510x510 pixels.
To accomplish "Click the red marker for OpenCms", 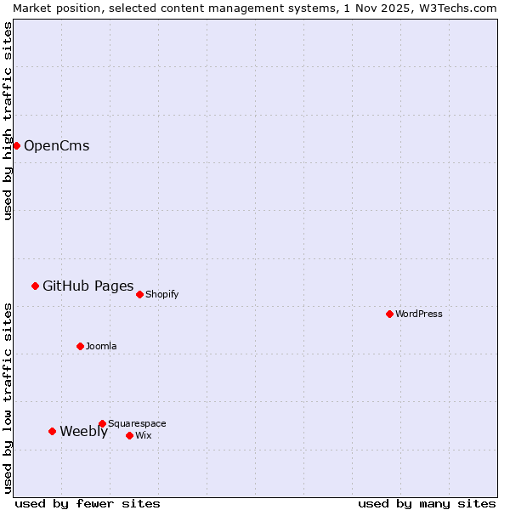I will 16,145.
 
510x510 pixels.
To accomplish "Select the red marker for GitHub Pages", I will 35,286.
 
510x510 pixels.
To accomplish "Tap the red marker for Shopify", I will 139,294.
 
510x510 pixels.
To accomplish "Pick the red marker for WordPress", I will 389,314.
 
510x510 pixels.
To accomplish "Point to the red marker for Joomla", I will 80,346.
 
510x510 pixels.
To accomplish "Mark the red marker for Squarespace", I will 102,423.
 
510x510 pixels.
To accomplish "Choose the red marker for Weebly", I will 52,431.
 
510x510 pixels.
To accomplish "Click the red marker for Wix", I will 129,435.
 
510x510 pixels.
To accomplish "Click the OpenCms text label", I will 56,145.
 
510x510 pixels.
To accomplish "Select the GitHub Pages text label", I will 88,286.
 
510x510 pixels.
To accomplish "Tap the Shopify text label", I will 161,294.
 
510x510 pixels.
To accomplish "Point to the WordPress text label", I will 418,314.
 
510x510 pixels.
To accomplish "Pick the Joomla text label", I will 101,346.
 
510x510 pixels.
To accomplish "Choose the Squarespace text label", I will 137,423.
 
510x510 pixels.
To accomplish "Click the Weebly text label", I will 83,431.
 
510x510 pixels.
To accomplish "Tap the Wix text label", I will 143,435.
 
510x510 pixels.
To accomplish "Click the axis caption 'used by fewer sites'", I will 88,503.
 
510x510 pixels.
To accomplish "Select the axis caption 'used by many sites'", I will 427,503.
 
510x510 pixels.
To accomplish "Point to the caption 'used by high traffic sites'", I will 8,121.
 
